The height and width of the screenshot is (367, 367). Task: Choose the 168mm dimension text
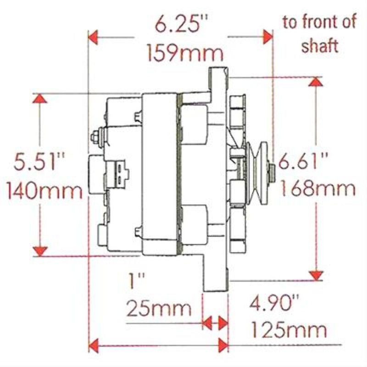tap(317, 189)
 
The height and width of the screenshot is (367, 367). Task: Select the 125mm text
tap(289, 329)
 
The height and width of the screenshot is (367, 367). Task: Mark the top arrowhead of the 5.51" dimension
tap(40, 99)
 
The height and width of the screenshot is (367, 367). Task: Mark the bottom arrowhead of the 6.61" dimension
tap(316, 275)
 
